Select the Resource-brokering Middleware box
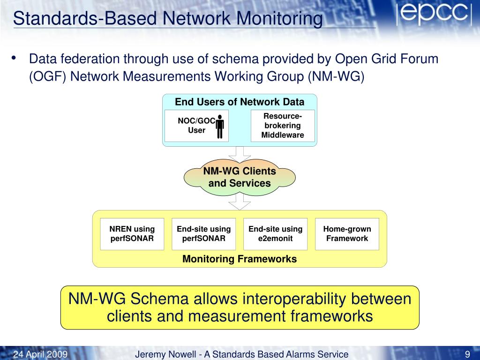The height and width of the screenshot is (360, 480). tap(282, 126)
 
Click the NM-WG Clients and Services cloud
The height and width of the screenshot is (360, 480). tap(240, 177)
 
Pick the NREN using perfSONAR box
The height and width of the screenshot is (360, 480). tap(132, 233)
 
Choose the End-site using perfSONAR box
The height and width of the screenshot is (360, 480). tap(203, 233)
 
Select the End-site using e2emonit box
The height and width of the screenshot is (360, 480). tap(275, 233)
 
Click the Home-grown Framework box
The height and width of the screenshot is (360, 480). tap(347, 233)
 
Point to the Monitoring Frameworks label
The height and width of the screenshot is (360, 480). tap(240, 259)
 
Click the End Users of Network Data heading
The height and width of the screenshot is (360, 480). tap(240, 102)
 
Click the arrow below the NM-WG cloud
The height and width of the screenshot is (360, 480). tap(240, 203)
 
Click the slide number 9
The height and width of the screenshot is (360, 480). tap(467, 354)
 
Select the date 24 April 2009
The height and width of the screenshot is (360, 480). tap(41, 354)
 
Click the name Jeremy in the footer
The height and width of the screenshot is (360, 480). tap(150, 354)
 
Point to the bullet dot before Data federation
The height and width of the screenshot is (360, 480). tap(14, 58)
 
